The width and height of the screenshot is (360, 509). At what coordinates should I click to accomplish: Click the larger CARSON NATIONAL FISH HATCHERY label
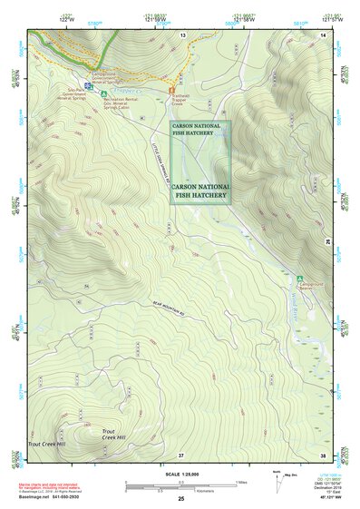coord(201,188)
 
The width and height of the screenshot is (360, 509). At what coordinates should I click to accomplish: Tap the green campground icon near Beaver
coord(299,277)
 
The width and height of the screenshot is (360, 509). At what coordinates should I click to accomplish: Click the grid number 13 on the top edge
coord(181,34)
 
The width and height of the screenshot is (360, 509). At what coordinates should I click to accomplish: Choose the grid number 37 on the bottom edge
coord(181,454)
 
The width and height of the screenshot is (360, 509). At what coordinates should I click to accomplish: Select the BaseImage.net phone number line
coord(52,498)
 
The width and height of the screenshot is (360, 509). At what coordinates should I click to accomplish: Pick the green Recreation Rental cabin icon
coord(103,93)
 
